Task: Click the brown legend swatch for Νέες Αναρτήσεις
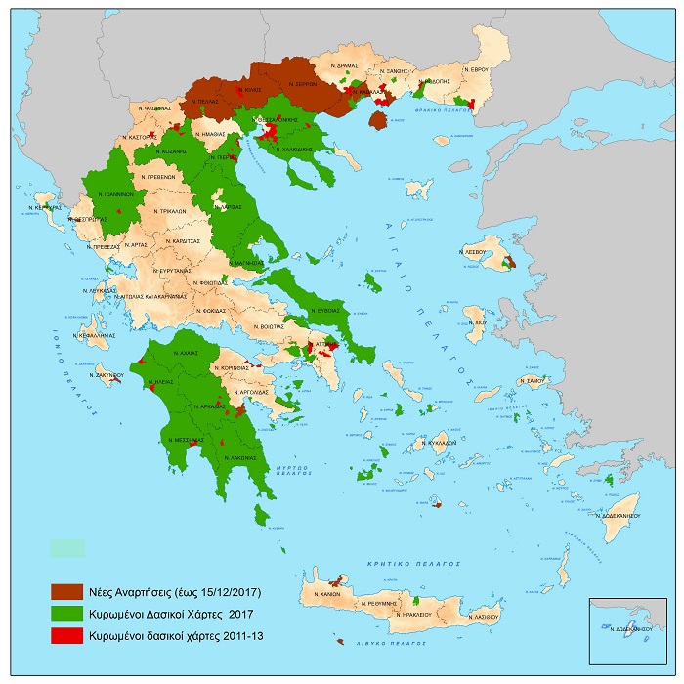tap(69, 592)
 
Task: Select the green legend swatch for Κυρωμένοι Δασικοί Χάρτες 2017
tap(69, 615)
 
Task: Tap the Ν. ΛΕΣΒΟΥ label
tap(476, 251)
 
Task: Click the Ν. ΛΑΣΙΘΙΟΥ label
tap(483, 618)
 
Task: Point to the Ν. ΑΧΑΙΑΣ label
tap(185, 352)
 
